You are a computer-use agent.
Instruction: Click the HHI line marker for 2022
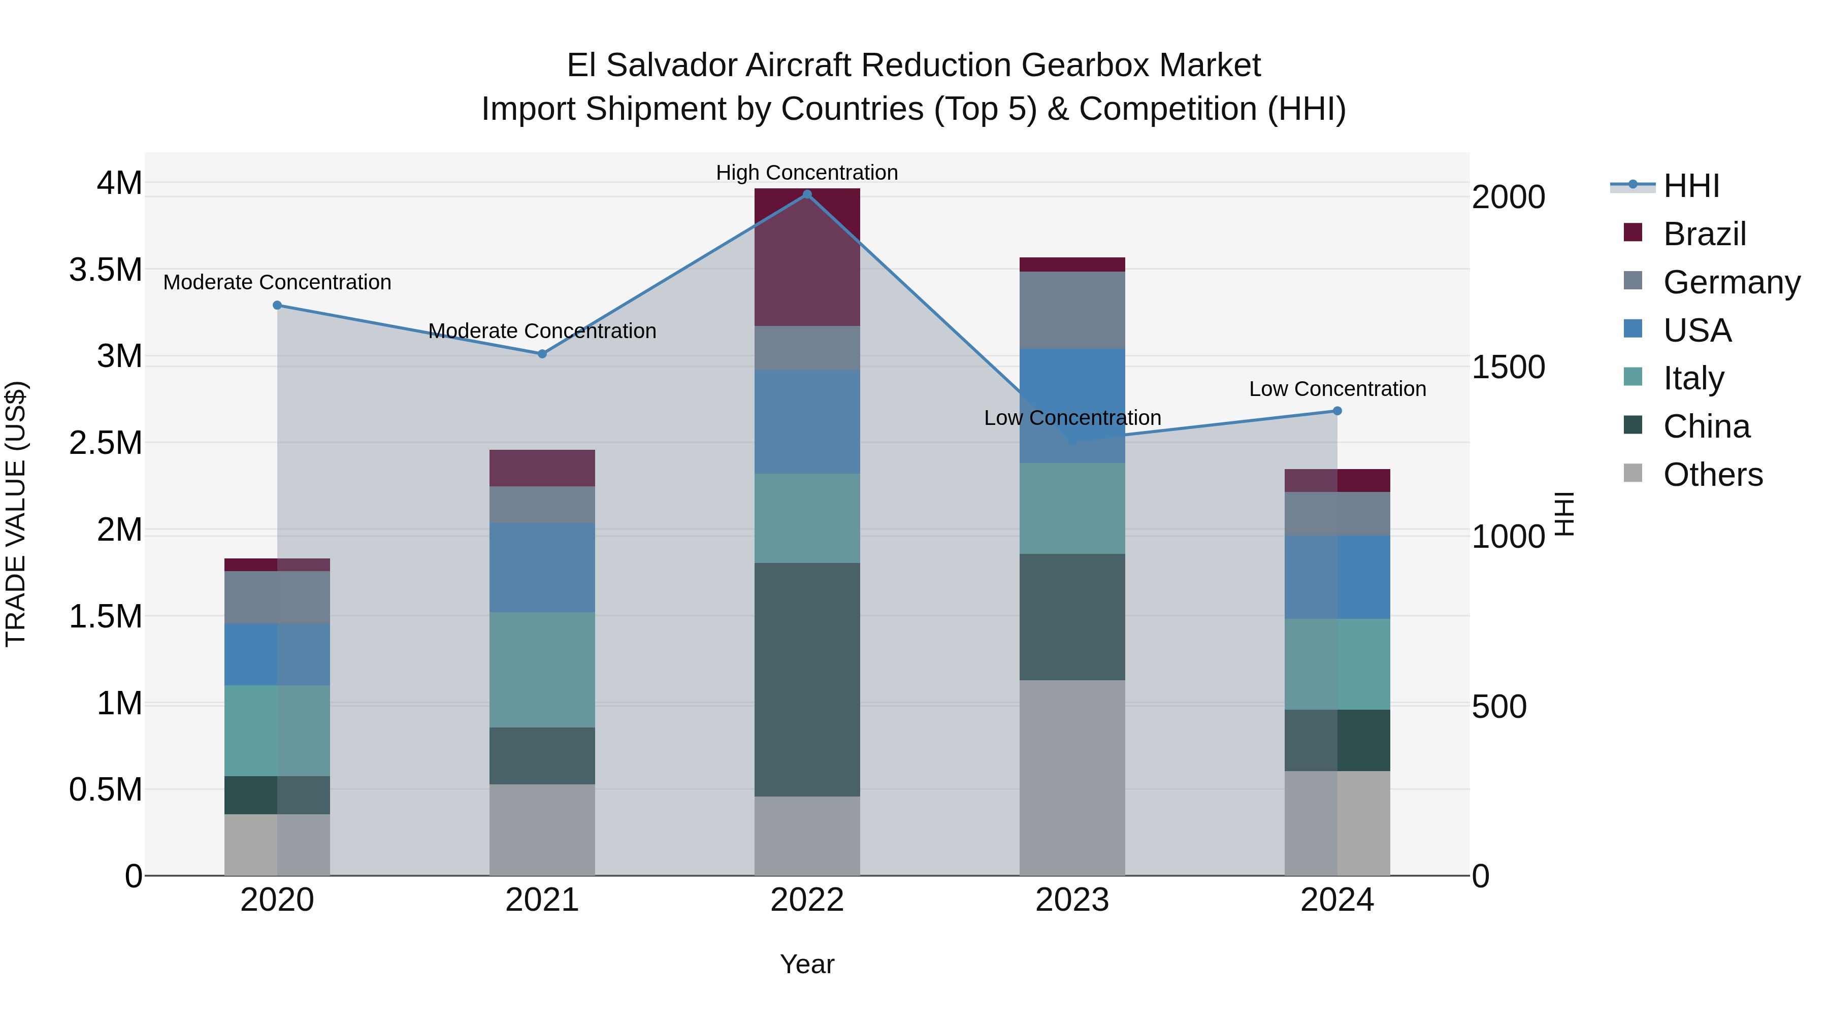coord(807,194)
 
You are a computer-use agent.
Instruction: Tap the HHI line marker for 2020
coord(277,306)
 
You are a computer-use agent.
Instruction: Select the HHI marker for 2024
coord(1337,411)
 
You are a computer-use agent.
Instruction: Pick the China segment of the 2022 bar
coord(807,680)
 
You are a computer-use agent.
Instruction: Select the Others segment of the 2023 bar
coord(1071,778)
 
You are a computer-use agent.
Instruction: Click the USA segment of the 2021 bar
coord(542,568)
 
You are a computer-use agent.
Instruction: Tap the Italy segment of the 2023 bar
coord(1071,509)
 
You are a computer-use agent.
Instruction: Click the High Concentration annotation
coord(807,173)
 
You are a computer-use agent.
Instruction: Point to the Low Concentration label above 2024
coord(1337,389)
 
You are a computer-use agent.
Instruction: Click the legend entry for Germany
coord(1732,282)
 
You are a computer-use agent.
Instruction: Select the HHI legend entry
coord(1691,186)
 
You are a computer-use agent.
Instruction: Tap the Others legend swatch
coord(1633,473)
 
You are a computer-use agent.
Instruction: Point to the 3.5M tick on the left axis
coord(106,270)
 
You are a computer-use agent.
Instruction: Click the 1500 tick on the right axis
coord(1508,367)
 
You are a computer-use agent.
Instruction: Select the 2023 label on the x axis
coord(1071,900)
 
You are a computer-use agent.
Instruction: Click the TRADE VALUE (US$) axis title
coord(16,514)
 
